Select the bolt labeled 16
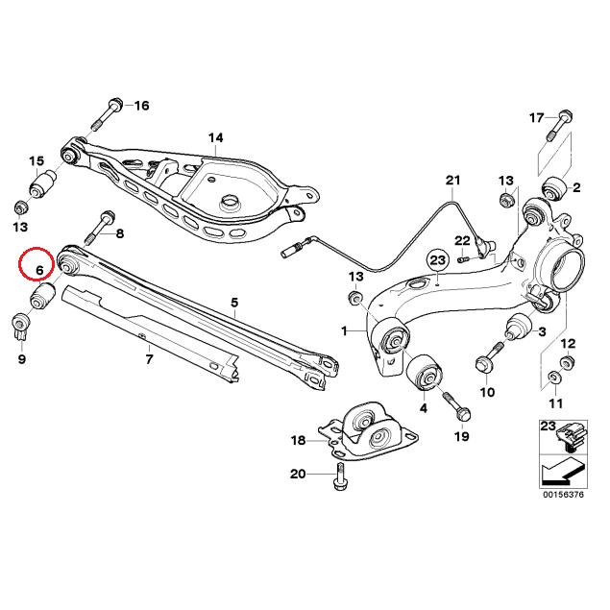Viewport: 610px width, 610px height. coord(108,113)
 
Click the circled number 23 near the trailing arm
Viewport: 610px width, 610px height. coord(437,260)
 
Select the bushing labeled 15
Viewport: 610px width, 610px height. coord(44,183)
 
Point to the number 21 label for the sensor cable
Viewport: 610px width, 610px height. coord(452,181)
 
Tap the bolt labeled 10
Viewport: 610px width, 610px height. coord(484,363)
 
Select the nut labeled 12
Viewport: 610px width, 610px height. coord(566,363)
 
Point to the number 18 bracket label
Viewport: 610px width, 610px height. coord(297,440)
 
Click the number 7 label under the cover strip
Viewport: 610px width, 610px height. coord(149,360)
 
